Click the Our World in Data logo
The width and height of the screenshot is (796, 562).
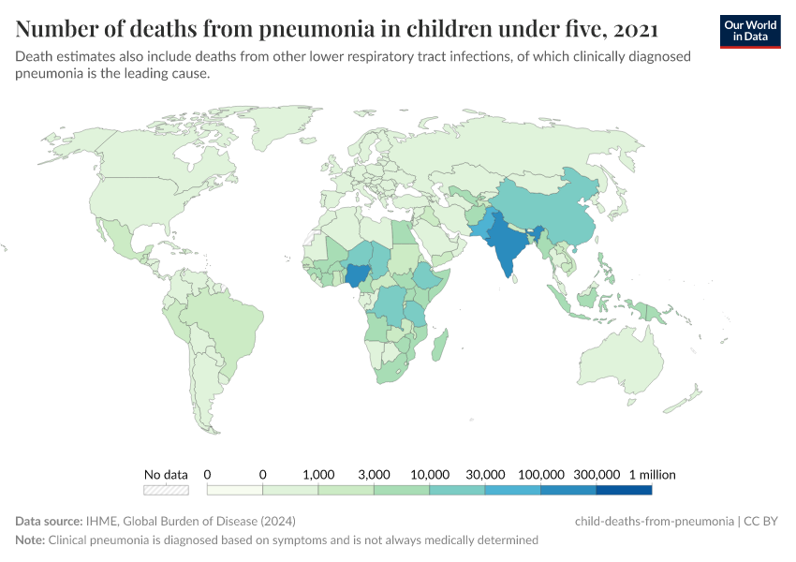750,30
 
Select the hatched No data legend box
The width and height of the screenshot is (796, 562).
166,489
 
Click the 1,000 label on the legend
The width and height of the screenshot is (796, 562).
318,474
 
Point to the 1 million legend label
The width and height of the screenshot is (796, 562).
651,474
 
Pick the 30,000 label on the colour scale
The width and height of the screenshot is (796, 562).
485,474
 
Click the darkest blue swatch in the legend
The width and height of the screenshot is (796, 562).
624,489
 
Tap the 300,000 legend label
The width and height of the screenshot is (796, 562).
597,474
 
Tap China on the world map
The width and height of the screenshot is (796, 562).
543,211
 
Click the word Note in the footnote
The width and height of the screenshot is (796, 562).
29,540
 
